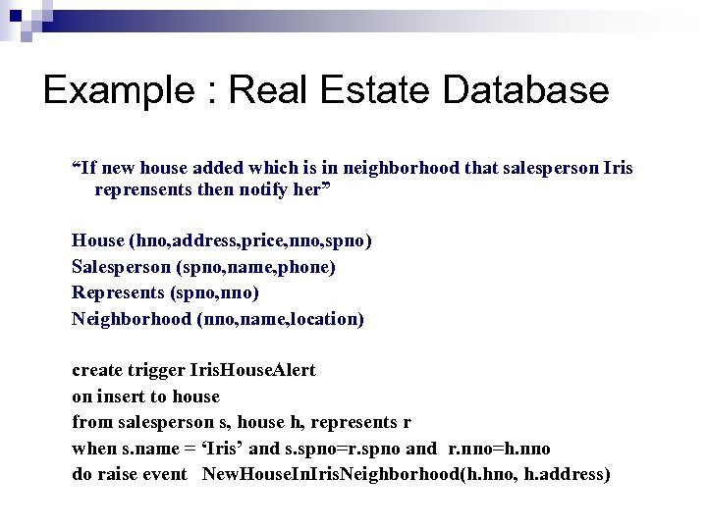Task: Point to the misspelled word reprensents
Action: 142,190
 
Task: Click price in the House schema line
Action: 254,240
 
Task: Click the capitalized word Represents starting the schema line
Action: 118,292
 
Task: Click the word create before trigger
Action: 97,371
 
